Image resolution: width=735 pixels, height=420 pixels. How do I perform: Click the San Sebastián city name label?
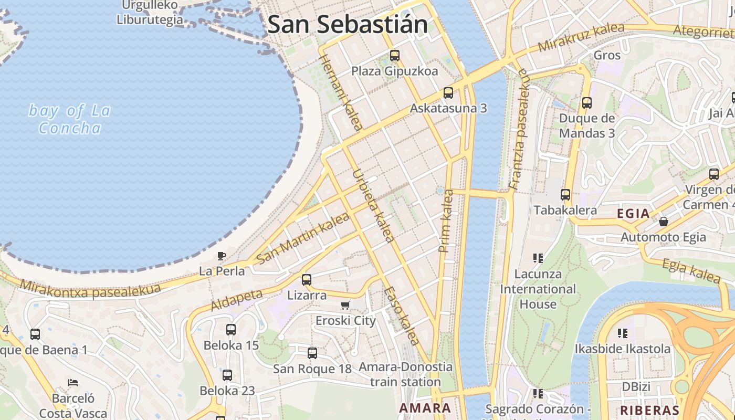(348, 25)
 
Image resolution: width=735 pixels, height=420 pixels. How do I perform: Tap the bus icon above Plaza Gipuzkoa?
(395, 55)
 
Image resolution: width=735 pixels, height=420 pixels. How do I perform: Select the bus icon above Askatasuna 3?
(448, 93)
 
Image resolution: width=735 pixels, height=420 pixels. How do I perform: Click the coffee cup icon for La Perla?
(222, 256)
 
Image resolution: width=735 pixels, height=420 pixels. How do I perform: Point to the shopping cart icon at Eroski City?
(345, 306)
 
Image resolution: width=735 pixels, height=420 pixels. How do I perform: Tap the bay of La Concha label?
(69, 119)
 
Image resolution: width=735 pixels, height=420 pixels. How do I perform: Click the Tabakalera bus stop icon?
(565, 195)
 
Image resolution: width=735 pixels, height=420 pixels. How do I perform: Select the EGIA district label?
(633, 214)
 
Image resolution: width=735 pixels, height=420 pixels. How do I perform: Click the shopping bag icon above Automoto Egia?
(663, 222)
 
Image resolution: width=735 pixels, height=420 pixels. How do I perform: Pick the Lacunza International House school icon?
(538, 258)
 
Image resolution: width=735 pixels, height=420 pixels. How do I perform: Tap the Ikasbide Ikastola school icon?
(623, 333)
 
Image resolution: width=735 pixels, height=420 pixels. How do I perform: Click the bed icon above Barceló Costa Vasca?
(73, 383)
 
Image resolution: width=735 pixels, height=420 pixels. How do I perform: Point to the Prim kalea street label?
(446, 220)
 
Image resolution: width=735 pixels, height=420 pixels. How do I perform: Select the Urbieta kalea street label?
(373, 206)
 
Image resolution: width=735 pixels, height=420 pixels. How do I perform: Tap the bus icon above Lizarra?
(307, 280)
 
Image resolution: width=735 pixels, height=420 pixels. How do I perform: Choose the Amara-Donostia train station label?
(405, 374)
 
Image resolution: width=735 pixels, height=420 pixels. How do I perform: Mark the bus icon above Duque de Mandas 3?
(587, 103)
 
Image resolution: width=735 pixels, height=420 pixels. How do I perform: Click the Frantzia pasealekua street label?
(518, 129)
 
